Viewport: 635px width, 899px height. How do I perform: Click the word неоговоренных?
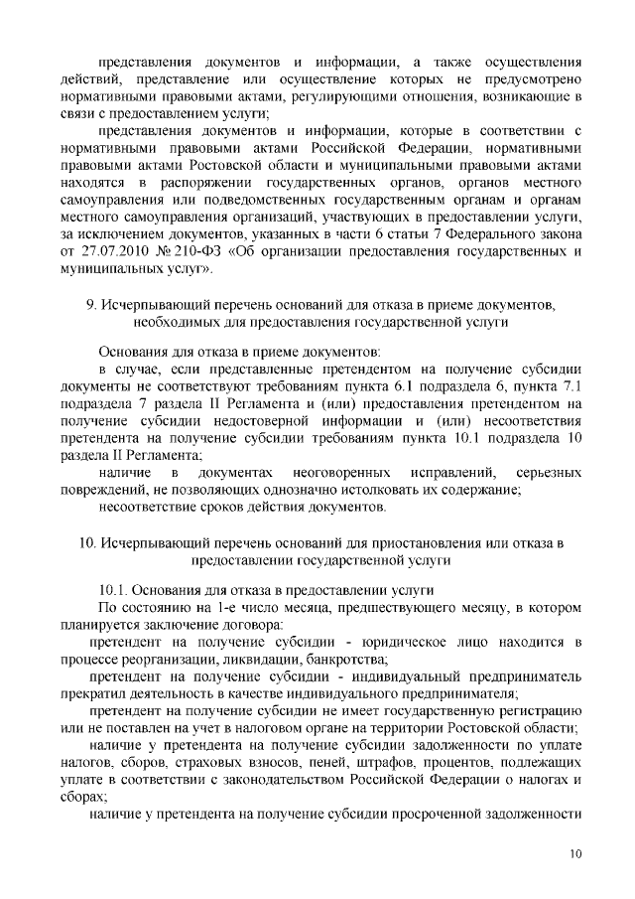(x=339, y=472)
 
